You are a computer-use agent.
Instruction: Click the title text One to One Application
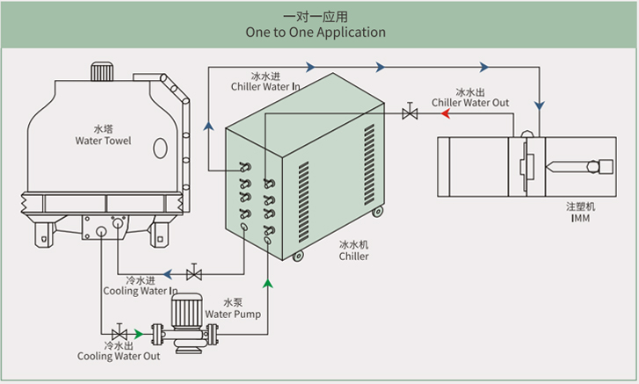pyautogui.click(x=316, y=33)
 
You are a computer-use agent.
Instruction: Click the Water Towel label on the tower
pyautogui.click(x=104, y=140)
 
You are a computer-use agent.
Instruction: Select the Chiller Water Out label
pyautogui.click(x=470, y=102)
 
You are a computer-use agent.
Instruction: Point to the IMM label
pyautogui.click(x=579, y=217)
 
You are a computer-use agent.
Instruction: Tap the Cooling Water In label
pyautogui.click(x=141, y=290)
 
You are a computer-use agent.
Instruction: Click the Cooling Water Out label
pyautogui.click(x=119, y=356)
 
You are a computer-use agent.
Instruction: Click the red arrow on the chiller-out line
pyautogui.click(x=428, y=113)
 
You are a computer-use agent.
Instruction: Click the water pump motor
pyautogui.click(x=186, y=310)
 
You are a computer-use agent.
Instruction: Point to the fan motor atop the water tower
pyautogui.click(x=98, y=69)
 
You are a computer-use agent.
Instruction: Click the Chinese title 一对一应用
pyautogui.click(x=316, y=16)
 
